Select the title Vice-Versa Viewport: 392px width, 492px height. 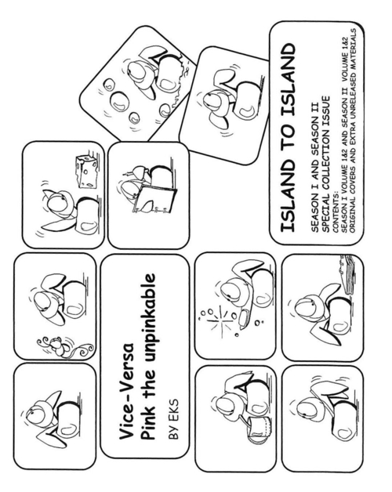[126, 392]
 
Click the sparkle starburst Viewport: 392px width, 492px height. [222, 321]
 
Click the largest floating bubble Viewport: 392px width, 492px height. [120, 101]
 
